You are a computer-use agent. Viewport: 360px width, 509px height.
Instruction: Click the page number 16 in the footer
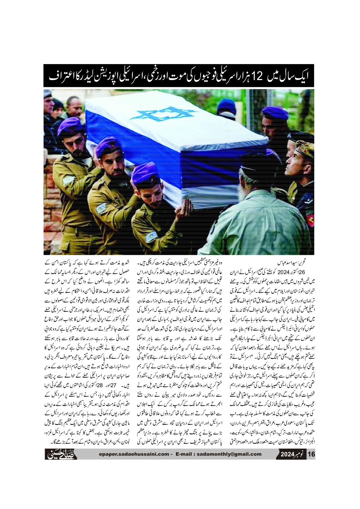click(311, 454)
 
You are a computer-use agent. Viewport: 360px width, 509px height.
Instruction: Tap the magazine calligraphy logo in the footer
click(61, 454)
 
